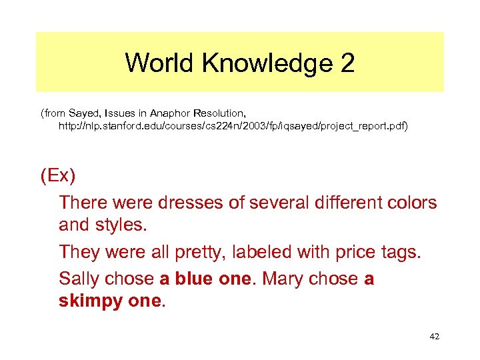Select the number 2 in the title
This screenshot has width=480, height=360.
pyautogui.click(x=347, y=63)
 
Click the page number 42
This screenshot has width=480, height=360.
pyautogui.click(x=434, y=337)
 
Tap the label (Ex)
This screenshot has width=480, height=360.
pyautogui.click(x=58, y=177)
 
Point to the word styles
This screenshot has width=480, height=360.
pyautogui.click(x=121, y=225)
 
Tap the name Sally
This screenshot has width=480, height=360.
pyautogui.click(x=79, y=278)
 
